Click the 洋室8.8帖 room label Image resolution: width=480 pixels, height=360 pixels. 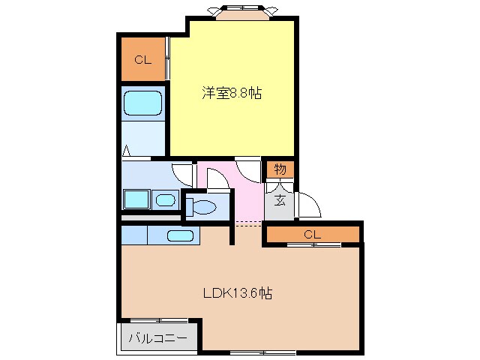(x=230, y=94)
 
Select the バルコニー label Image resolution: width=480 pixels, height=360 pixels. (x=160, y=338)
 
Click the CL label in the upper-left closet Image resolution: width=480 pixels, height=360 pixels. (x=143, y=61)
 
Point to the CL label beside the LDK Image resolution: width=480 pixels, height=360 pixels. (x=312, y=235)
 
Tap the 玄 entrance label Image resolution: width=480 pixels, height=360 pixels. (x=279, y=200)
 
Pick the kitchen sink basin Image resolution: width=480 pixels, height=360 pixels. (x=180, y=235)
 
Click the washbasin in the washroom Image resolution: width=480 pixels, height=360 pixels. (x=165, y=199)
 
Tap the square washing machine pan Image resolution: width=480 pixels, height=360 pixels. (x=136, y=199)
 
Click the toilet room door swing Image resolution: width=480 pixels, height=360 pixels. (x=217, y=179)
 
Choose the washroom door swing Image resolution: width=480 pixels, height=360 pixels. (x=182, y=173)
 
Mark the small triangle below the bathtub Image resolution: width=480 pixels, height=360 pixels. (x=127, y=151)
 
